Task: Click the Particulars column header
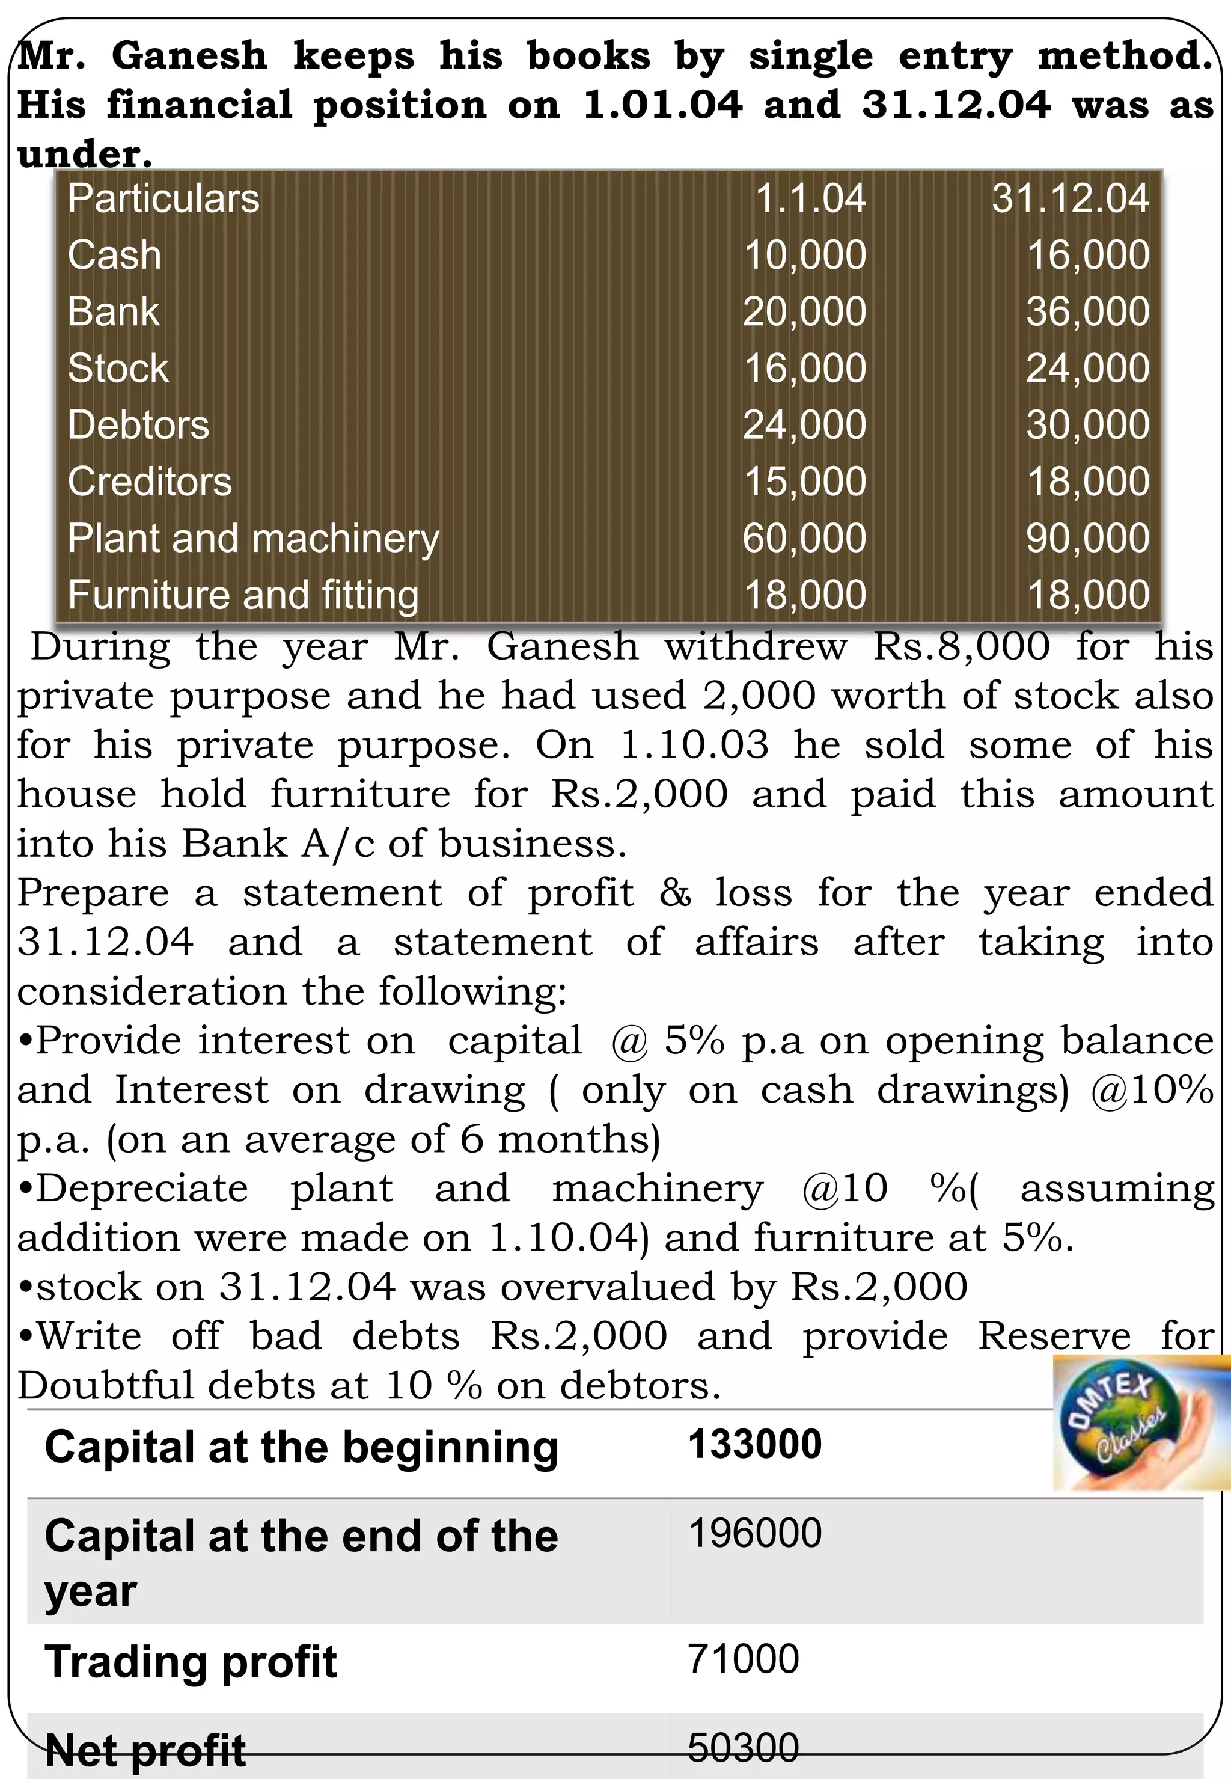tap(163, 198)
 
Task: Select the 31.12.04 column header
tap(1070, 198)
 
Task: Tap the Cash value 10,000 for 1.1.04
tap(804, 256)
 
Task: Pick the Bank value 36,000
tap(1087, 311)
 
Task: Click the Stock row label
tap(118, 368)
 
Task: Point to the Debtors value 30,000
tap(1087, 425)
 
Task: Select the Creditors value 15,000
tap(804, 482)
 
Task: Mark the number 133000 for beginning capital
tap(755, 1444)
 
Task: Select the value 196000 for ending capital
tap(755, 1533)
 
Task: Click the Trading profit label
tap(191, 1661)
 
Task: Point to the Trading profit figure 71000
tap(743, 1659)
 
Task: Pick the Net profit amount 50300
tap(743, 1747)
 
